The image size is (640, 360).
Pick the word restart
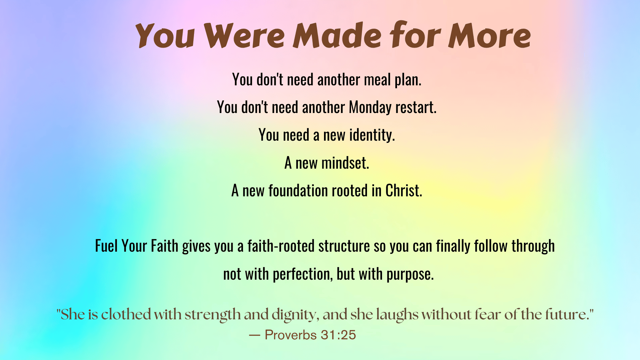pyautogui.click(x=416, y=108)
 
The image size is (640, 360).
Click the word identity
pyautogui.click(x=372, y=135)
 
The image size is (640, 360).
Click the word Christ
pyautogui.click(x=404, y=191)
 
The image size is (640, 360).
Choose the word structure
pyautogui.click(x=344, y=246)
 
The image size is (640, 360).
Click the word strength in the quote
pyautogui.click(x=213, y=315)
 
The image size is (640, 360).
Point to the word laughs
pyautogui.click(x=397, y=315)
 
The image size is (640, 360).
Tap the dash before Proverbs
pyautogui.click(x=254, y=335)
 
